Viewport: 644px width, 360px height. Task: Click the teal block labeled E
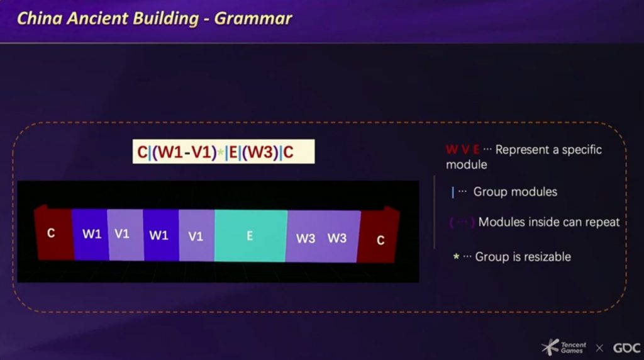click(250, 236)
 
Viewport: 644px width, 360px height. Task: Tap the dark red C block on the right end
click(379, 235)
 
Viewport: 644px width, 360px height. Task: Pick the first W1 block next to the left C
click(91, 234)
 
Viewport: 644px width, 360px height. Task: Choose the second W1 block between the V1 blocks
click(161, 235)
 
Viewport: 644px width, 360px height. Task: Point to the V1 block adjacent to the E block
click(197, 235)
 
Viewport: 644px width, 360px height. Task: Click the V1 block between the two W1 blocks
click(125, 235)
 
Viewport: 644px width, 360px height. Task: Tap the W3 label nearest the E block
click(306, 239)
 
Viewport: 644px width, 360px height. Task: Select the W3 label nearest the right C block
click(337, 239)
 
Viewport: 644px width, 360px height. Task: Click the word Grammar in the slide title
click(253, 18)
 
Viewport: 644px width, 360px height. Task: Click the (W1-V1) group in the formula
click(184, 152)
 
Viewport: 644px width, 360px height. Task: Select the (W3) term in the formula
click(260, 152)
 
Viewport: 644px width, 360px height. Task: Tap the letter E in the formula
click(233, 152)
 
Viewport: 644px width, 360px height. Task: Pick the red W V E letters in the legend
click(463, 150)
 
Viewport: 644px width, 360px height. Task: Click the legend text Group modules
click(515, 191)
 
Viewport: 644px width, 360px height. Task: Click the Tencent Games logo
click(564, 347)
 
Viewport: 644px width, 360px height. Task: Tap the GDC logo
click(627, 348)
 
